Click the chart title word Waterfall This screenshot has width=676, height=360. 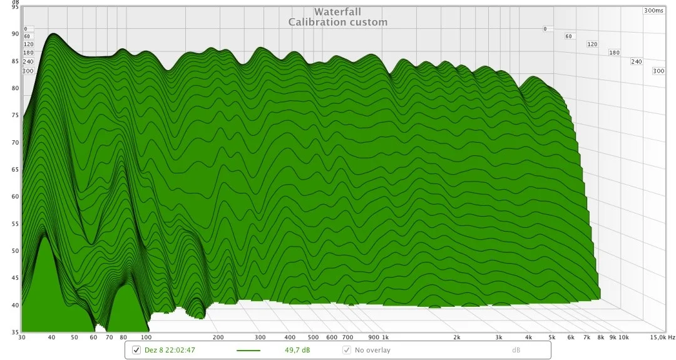coord(337,12)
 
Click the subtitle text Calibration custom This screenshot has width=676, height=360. coord(337,22)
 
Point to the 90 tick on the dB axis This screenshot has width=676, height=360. coord(15,34)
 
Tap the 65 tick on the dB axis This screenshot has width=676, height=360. coord(15,170)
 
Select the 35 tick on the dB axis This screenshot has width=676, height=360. coord(15,332)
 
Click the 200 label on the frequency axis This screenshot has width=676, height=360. coord(218,337)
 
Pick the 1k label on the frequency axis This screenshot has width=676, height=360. coord(386,337)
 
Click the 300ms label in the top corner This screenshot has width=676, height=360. coord(653,11)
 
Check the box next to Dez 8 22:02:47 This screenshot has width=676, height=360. coord(136,349)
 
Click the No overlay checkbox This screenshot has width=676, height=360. coord(347,350)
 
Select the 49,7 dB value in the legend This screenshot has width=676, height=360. coord(297,350)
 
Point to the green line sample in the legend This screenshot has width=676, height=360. coord(248,351)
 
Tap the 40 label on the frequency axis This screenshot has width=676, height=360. coord(51,337)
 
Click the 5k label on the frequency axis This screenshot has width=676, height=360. coord(552,337)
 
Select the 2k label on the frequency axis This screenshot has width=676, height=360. coord(456,337)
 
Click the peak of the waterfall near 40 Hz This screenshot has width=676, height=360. coord(53,34)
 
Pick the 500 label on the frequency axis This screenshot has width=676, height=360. coord(313,337)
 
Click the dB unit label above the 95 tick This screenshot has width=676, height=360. coord(15,2)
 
